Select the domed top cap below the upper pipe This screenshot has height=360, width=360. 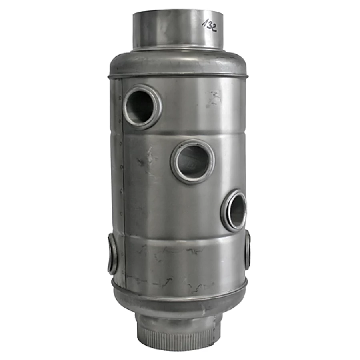[x=178, y=62]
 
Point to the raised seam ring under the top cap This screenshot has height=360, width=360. [x=178, y=76]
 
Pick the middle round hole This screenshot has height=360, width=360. [x=192, y=161]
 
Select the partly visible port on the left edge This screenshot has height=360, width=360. [x=112, y=254]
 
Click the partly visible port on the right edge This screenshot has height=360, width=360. [x=247, y=250]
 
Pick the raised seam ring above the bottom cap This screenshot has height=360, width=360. [x=178, y=288]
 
